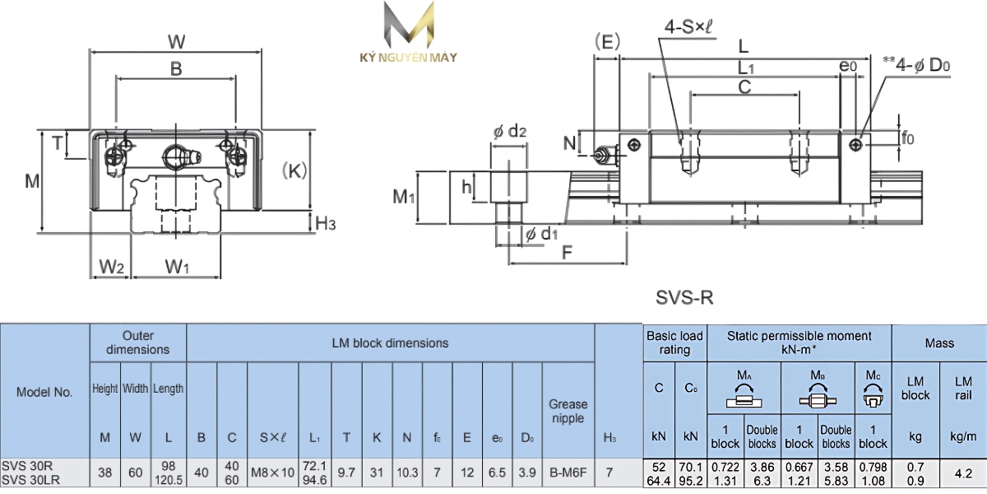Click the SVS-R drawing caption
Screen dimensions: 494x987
click(683, 296)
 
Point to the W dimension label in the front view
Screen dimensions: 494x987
click(176, 41)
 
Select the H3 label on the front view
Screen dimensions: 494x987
click(326, 223)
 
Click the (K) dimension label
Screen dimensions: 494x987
click(294, 171)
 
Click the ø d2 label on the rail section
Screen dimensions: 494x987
click(509, 131)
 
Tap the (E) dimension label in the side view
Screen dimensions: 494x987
click(606, 43)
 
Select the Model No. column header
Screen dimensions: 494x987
click(44, 392)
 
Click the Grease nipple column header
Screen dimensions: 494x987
click(568, 411)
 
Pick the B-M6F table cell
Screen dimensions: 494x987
click(568, 473)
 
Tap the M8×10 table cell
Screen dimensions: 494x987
click(272, 473)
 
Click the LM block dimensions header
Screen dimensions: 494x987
click(390, 343)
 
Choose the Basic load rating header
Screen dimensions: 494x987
click(674, 343)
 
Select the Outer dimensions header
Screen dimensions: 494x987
click(138, 343)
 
